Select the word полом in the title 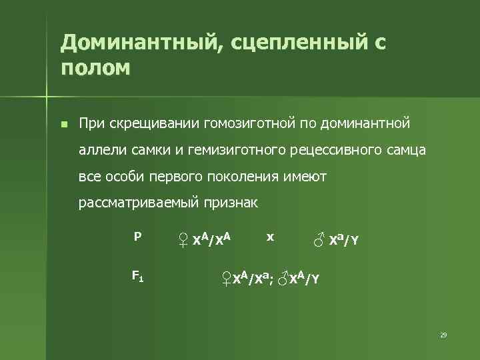click(x=95, y=69)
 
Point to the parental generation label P click(x=137, y=236)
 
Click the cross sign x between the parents click(x=269, y=237)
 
